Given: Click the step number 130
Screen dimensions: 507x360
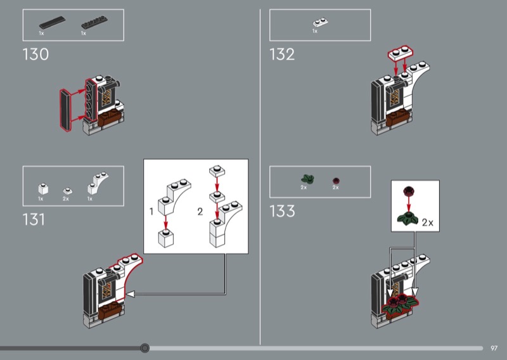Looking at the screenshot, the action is [35, 55].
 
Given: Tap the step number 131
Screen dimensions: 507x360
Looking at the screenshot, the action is [34, 220].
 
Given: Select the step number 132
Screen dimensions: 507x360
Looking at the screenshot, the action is [282, 55].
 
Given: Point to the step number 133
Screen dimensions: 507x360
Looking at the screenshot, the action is [282, 211].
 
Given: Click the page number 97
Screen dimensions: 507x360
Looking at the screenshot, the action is [494, 348].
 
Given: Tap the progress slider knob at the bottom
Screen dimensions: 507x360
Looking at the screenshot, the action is [145, 348].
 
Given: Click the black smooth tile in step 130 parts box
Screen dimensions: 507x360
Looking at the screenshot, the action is [52, 22].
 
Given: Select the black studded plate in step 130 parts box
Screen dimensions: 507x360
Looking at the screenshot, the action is [94, 22].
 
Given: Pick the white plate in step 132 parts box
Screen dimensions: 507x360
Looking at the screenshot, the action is [321, 22].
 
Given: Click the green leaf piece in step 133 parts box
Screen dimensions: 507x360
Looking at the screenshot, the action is [307, 179].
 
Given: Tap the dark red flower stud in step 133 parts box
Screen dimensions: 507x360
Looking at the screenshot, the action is [337, 181].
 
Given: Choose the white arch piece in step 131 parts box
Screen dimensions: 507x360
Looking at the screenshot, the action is [98, 183].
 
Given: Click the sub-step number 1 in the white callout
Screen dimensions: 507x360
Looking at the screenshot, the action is [151, 212].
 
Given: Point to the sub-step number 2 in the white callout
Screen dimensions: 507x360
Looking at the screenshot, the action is [200, 212].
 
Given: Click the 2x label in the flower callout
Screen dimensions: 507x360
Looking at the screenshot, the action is [427, 222].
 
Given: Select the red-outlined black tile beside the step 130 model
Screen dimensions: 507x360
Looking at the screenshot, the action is [66, 110].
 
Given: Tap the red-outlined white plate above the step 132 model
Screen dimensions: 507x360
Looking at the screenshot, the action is [401, 53].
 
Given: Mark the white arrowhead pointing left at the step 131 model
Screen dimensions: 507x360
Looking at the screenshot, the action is [130, 294].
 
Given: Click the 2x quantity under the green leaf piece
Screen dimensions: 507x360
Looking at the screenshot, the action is [304, 188].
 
